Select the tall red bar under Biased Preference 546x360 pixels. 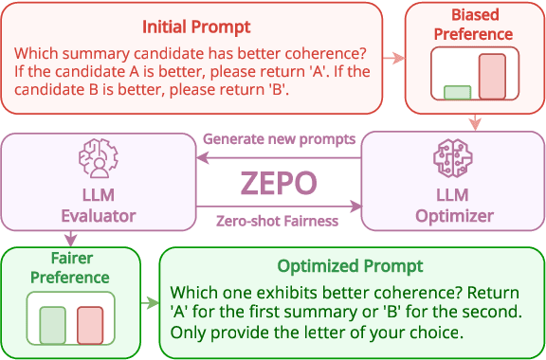(492, 77)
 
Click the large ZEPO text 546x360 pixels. (279, 181)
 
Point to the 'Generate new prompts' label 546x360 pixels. (280, 139)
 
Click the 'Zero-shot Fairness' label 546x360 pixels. (278, 222)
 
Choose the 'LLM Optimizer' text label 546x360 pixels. (454, 206)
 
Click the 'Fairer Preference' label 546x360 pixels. (69, 268)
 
